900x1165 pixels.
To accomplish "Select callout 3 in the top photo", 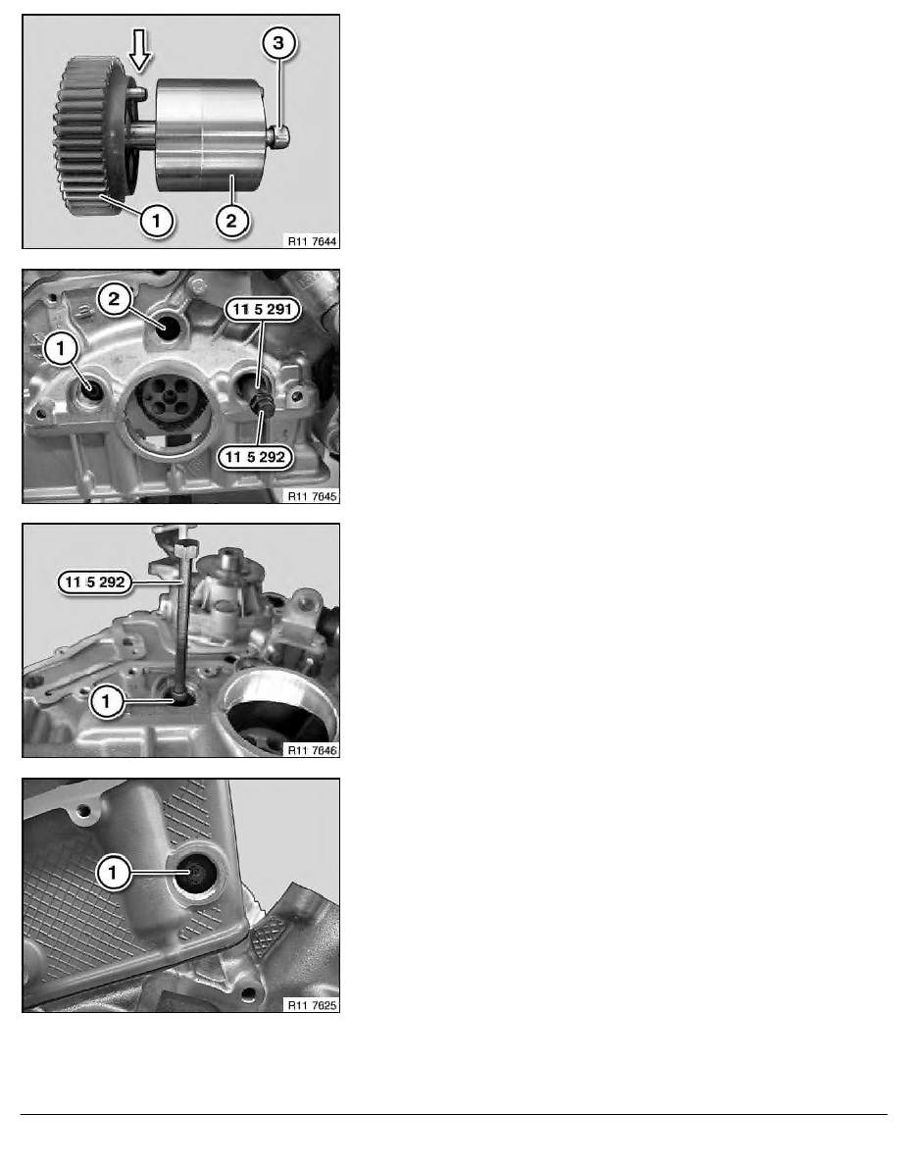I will (x=279, y=42).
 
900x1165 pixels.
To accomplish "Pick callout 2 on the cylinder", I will (x=230, y=221).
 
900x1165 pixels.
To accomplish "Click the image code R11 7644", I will (x=310, y=239).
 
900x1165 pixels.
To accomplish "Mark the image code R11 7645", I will (x=310, y=495).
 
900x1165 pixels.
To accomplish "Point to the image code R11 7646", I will (x=310, y=749).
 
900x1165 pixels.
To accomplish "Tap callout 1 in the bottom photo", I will (x=115, y=872).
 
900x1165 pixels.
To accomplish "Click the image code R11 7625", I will (x=310, y=1004).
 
